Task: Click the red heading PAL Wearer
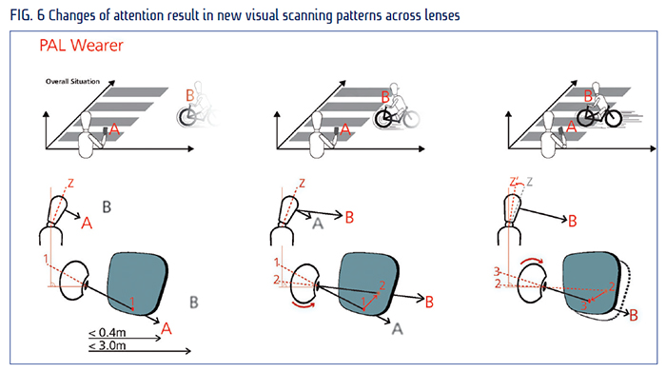[81, 46]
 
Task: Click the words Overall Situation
[72, 81]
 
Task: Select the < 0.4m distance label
[107, 332]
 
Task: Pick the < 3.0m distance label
[107, 345]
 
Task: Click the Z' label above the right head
[515, 182]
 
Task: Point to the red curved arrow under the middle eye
[304, 304]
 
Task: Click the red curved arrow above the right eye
[531, 260]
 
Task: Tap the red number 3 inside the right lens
[584, 304]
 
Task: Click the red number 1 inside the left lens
[132, 302]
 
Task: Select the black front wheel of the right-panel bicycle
[586, 118]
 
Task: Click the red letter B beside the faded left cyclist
[190, 95]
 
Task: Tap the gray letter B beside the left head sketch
[107, 207]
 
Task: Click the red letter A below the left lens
[166, 328]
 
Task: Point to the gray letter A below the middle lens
[397, 328]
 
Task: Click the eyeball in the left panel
[73, 281]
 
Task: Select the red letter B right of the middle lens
[429, 303]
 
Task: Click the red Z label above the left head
[70, 183]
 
